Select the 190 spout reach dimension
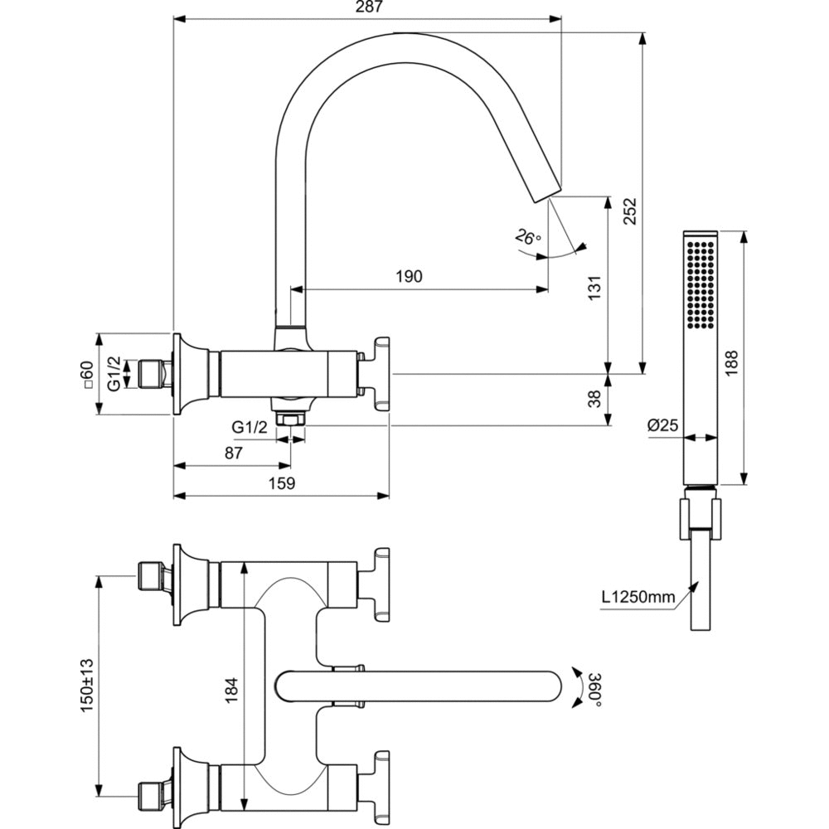tap(408, 276)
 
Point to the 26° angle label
tap(528, 237)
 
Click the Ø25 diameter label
tap(663, 425)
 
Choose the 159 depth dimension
tap(283, 483)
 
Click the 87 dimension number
tap(233, 453)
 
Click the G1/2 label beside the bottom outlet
tap(249, 427)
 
